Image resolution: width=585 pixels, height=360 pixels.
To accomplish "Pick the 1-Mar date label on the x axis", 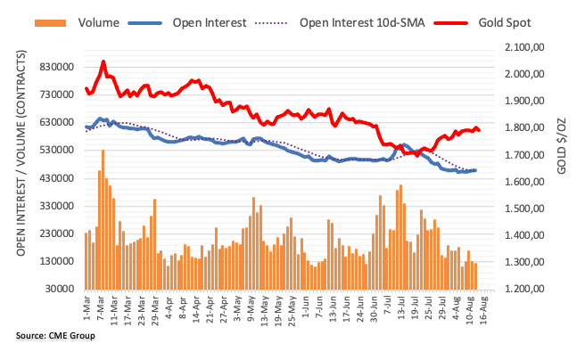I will (x=87, y=306).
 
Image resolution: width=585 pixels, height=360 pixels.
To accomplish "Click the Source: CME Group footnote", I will (x=55, y=336).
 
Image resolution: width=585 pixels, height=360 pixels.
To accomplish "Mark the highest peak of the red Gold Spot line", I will (x=103, y=61).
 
